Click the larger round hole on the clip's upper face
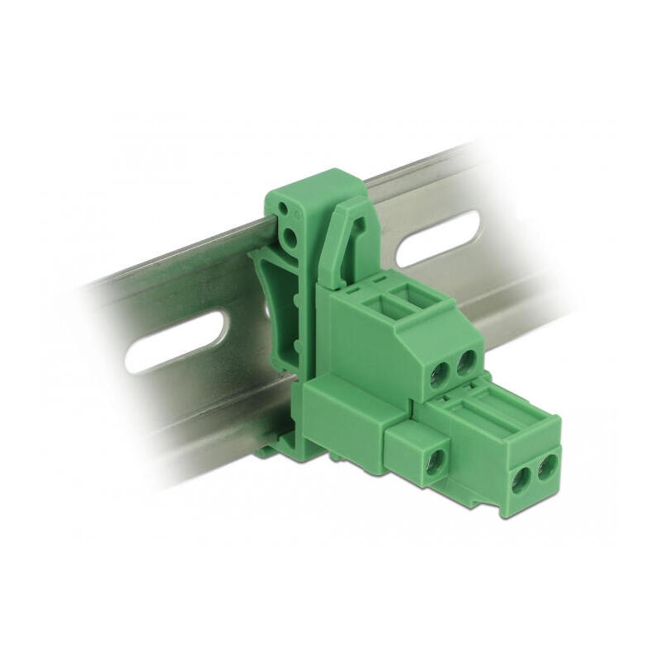click(289, 238)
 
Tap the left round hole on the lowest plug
click(521, 479)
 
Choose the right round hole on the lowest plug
click(545, 469)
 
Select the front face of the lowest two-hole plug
click(533, 477)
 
